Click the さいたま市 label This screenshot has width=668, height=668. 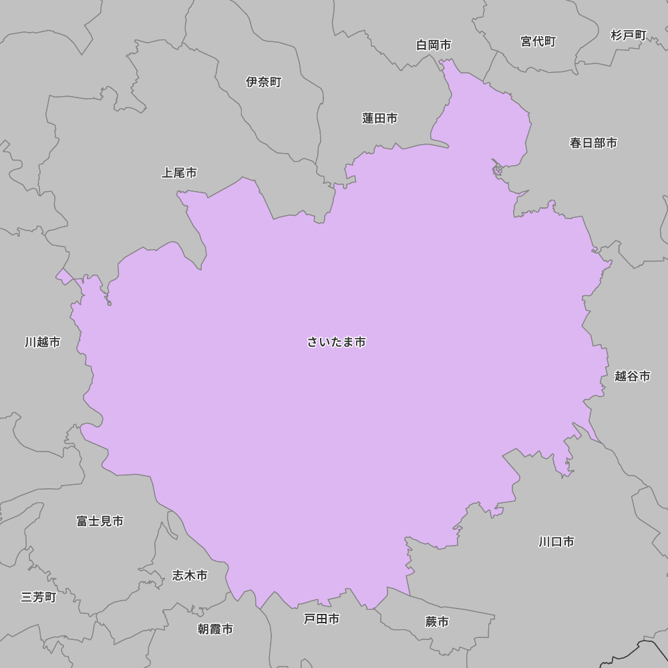coord(337,342)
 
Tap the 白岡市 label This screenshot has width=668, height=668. coord(434,45)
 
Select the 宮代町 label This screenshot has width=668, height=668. coord(538,41)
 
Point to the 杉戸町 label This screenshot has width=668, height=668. coord(629,35)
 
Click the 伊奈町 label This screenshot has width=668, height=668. coord(264,82)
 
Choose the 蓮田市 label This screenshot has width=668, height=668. coord(380,118)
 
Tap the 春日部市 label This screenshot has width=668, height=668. coord(593,142)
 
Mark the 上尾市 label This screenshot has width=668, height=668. coord(179,173)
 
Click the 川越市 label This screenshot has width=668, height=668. coord(43,342)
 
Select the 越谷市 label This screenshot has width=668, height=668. coord(633,376)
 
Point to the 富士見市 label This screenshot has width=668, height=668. coord(100,521)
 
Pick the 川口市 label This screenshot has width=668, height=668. coord(556,542)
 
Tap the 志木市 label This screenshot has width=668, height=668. coord(190,575)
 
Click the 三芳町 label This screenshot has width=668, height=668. coord(39,597)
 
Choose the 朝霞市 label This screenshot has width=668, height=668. coord(215,629)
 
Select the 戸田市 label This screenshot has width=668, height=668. coord(322,619)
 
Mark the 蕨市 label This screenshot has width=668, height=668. coord(437,622)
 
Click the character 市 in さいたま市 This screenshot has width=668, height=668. coord(360,342)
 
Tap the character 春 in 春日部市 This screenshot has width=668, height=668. coord(575,142)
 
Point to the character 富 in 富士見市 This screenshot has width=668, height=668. coord(82,521)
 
